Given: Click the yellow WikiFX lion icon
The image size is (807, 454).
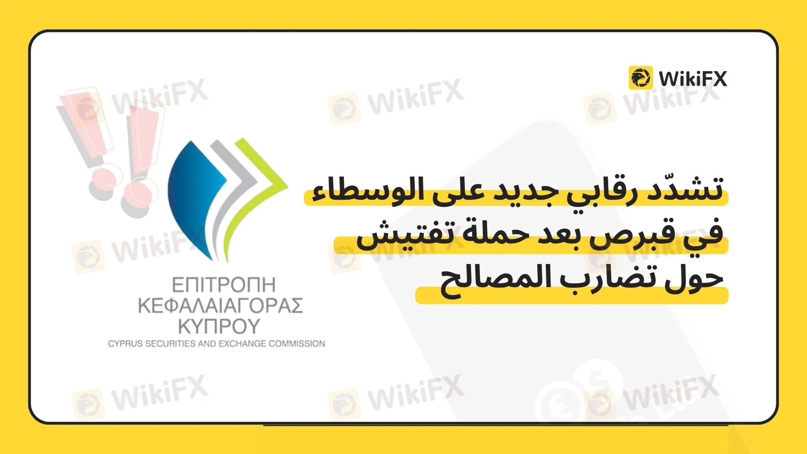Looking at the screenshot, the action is (641, 78).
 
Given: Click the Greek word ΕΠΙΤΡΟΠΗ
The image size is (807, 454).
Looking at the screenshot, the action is (224, 285).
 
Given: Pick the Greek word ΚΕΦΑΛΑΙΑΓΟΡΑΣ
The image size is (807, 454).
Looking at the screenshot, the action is (221, 306).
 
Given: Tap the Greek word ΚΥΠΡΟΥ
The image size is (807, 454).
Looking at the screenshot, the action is (219, 326).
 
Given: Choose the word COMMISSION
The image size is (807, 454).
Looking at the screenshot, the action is (297, 344).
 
